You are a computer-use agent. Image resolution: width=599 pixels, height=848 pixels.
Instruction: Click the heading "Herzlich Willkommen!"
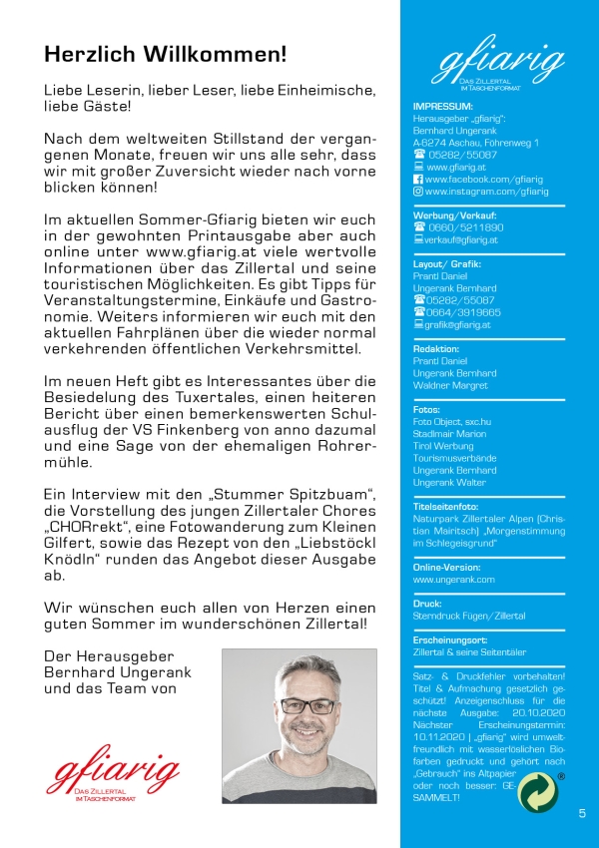(165, 52)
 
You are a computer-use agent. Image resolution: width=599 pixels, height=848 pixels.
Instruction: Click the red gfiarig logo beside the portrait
(114, 775)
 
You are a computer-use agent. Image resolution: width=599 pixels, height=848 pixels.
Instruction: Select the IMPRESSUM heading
(442, 105)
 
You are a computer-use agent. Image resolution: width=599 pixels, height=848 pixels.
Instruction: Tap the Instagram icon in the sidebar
(418, 192)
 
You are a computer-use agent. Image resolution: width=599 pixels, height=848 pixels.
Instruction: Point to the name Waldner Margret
(450, 385)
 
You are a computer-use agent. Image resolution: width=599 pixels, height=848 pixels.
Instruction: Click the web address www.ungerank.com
(453, 579)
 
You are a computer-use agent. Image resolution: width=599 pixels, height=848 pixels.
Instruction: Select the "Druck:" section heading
(427, 604)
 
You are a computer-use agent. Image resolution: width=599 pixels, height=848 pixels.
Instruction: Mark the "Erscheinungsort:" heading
(450, 638)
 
